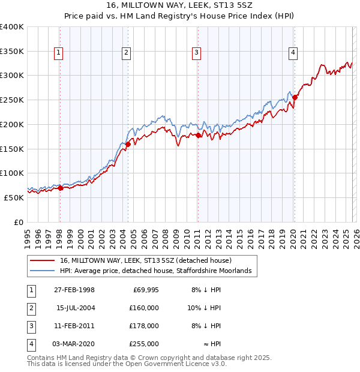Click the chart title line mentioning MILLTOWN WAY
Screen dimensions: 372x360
pyautogui.click(x=180, y=5)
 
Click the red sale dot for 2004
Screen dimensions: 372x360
pyautogui.click(x=128, y=144)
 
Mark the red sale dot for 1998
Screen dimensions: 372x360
pyautogui.click(x=60, y=188)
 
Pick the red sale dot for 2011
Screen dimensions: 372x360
pyautogui.click(x=198, y=136)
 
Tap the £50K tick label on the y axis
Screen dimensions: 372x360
pyautogui.click(x=14, y=197)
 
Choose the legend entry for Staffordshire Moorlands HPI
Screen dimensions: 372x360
pyautogui.click(x=158, y=271)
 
